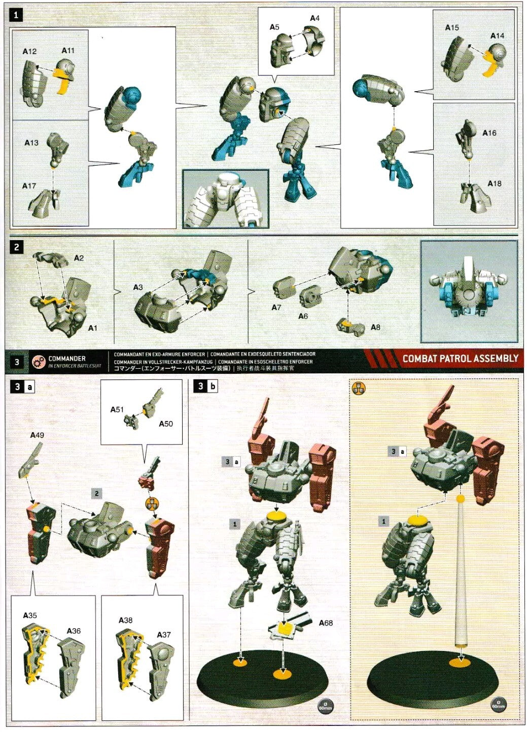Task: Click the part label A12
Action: point(29,52)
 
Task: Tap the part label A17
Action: point(29,186)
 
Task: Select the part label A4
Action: point(314,18)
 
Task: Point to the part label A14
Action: point(497,36)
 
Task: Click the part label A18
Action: point(495,183)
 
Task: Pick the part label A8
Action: point(375,327)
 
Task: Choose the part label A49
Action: point(37,435)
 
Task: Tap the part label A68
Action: point(326,623)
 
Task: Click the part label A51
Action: point(117,409)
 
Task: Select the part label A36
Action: point(74,631)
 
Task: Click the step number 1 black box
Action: point(16,15)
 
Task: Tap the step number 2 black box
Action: point(17,247)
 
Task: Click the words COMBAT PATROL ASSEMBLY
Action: point(460,359)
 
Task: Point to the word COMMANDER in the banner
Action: point(67,358)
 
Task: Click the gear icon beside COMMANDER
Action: point(39,362)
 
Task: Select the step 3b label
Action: point(206,387)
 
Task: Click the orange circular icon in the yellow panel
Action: point(359,389)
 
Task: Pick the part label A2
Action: point(79,258)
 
